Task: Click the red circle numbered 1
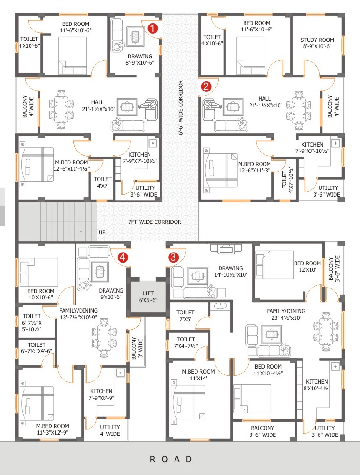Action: (153, 29)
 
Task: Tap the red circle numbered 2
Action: (206, 86)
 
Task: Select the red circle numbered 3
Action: (173, 257)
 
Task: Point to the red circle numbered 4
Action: (123, 257)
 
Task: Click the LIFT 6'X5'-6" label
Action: (148, 297)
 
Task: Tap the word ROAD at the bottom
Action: (171, 459)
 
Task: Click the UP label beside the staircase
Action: (102, 232)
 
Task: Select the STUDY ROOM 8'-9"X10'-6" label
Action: (317, 43)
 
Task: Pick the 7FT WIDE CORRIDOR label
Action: (155, 222)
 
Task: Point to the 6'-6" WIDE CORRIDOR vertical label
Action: (180, 107)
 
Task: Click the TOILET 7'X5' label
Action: (185, 315)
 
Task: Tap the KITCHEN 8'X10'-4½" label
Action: (317, 385)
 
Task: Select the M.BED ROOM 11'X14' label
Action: (198, 375)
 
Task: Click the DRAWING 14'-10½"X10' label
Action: (231, 272)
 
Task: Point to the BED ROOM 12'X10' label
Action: (307, 267)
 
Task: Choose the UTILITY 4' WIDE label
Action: (110, 430)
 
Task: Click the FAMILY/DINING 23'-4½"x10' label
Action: (286, 314)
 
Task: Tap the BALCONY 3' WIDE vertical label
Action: (137, 349)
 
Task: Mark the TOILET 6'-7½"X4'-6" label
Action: (36, 348)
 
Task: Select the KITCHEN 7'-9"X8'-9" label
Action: (101, 394)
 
